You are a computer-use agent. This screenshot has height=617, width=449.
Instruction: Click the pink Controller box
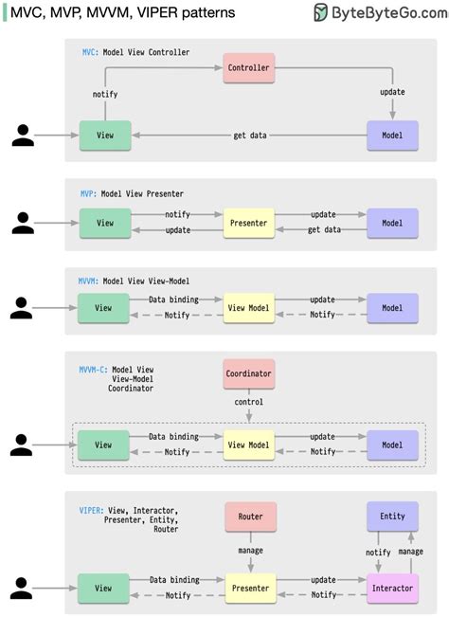(249, 67)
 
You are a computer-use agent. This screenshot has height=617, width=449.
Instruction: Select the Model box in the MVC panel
(391, 136)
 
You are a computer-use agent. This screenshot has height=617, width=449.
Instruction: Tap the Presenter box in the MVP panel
(249, 224)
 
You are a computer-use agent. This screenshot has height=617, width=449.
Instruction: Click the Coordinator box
(249, 373)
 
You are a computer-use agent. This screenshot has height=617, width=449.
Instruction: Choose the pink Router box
(250, 517)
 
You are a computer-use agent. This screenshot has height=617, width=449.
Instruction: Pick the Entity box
(392, 517)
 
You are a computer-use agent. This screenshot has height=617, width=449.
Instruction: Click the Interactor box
(392, 588)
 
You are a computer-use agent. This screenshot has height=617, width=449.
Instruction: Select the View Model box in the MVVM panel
(249, 308)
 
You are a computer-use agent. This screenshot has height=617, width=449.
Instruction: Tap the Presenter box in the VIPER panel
(249, 588)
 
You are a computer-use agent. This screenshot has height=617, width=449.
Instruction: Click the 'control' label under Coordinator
(249, 402)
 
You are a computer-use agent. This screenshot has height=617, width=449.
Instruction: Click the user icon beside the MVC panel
(24, 136)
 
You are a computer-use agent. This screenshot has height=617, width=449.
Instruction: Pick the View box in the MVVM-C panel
(104, 445)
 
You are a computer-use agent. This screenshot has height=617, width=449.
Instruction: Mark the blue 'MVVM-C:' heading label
(93, 369)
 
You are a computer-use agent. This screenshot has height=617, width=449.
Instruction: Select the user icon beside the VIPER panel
(24, 588)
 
